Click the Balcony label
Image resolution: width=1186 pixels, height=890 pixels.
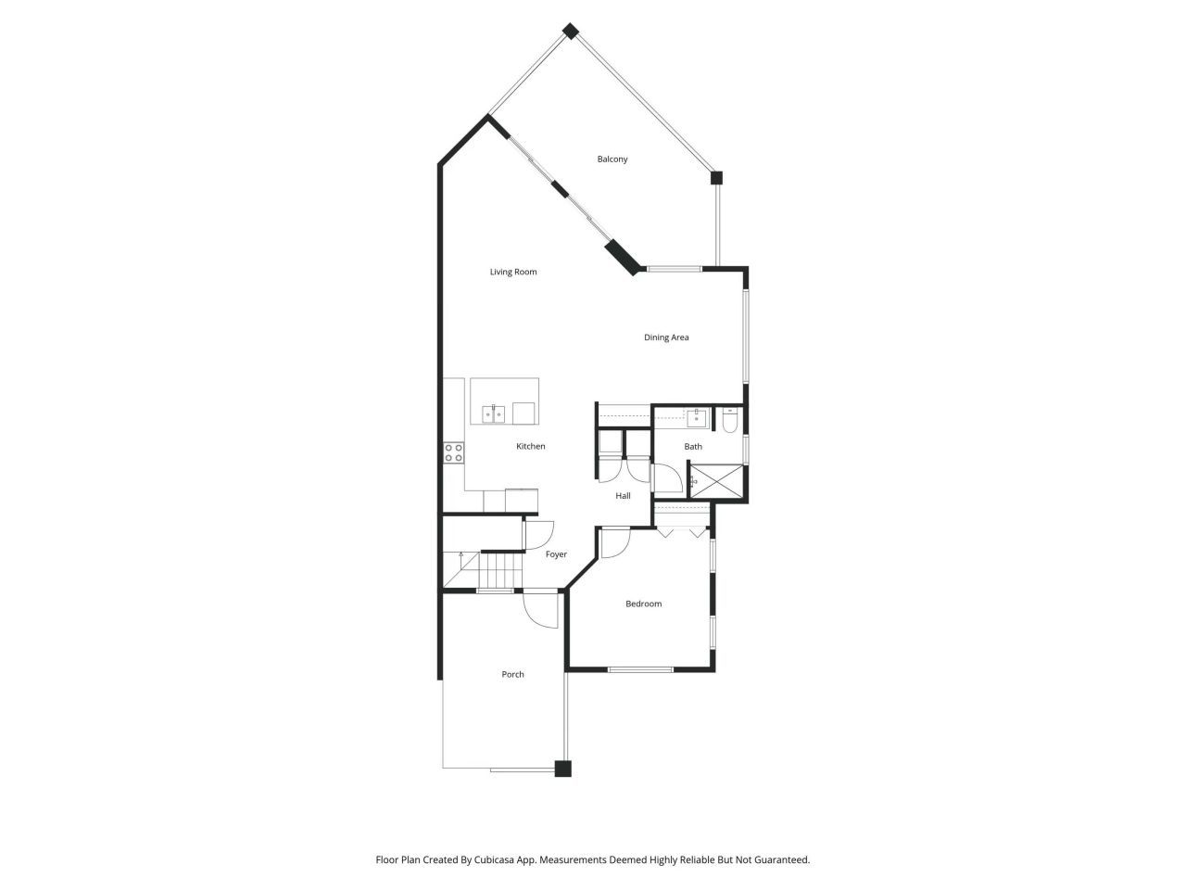tap(612, 159)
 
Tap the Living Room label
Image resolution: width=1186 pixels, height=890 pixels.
tap(513, 273)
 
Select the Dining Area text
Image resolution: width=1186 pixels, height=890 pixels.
tap(666, 337)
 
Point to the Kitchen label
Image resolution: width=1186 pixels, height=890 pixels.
tap(531, 447)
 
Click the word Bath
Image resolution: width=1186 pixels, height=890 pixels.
tap(693, 447)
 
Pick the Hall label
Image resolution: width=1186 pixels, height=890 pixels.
tap(624, 496)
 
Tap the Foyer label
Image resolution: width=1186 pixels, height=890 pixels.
tap(556, 554)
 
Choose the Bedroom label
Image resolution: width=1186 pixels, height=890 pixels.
tap(643, 604)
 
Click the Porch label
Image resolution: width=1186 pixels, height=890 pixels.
tap(512, 675)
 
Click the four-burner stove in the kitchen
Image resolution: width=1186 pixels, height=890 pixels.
tap(453, 452)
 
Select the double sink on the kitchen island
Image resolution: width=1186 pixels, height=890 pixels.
tap(493, 413)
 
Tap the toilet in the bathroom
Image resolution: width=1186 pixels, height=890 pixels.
tap(729, 422)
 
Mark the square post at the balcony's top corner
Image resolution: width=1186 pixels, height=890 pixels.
tap(572, 31)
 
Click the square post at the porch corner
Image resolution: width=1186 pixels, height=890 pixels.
tap(562, 769)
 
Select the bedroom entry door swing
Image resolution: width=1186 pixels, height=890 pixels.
tap(612, 544)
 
